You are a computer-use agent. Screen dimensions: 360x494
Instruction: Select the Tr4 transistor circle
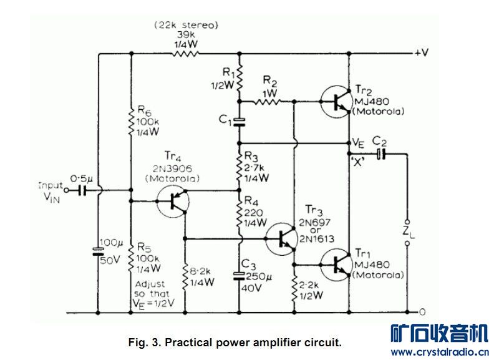(175, 201)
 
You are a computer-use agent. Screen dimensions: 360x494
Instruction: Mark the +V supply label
(421, 53)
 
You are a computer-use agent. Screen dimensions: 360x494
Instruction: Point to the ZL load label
(407, 231)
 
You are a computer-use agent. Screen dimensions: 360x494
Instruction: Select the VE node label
(357, 142)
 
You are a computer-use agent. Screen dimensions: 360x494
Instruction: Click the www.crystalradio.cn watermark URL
(439, 352)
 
